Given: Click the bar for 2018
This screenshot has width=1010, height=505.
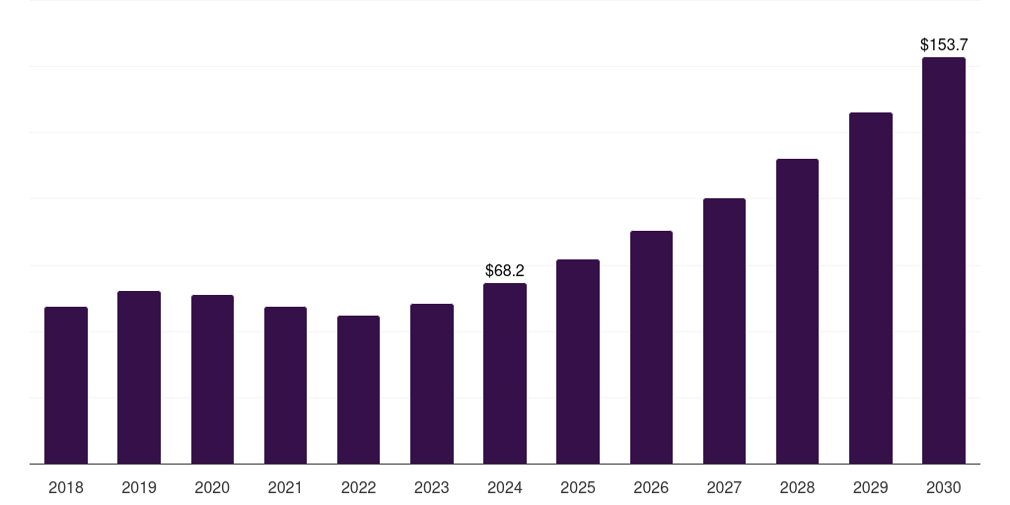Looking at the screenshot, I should (66, 385).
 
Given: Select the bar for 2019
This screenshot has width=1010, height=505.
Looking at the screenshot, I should (139, 377).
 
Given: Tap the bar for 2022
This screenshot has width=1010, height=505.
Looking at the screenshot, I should (358, 390).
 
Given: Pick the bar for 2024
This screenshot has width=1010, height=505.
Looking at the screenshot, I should (505, 373).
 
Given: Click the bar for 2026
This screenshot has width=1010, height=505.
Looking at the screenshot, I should (651, 347).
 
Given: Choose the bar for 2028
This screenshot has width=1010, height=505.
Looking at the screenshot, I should (797, 311).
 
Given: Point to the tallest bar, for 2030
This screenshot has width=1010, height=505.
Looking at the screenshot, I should (944, 260).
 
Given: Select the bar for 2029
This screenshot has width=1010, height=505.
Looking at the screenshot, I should (871, 288).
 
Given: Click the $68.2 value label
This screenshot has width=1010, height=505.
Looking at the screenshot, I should (505, 270).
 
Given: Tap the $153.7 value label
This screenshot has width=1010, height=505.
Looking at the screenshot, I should (944, 44).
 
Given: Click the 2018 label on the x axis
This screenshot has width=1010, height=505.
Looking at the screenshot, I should (66, 487).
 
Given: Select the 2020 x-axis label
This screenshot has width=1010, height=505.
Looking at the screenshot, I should (212, 487).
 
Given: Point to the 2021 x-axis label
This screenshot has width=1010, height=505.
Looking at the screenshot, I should (285, 487).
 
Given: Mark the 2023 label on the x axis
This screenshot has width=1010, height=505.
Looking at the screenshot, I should (432, 487).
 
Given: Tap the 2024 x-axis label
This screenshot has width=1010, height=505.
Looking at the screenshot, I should (505, 487).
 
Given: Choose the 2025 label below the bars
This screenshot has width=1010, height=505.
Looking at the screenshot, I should (578, 487).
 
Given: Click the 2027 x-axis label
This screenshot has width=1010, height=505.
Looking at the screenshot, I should (724, 487).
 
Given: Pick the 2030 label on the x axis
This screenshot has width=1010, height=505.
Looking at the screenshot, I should (944, 487).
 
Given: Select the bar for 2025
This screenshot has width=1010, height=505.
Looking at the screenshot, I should (578, 361).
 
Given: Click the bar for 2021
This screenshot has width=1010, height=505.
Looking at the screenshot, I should (285, 385).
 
